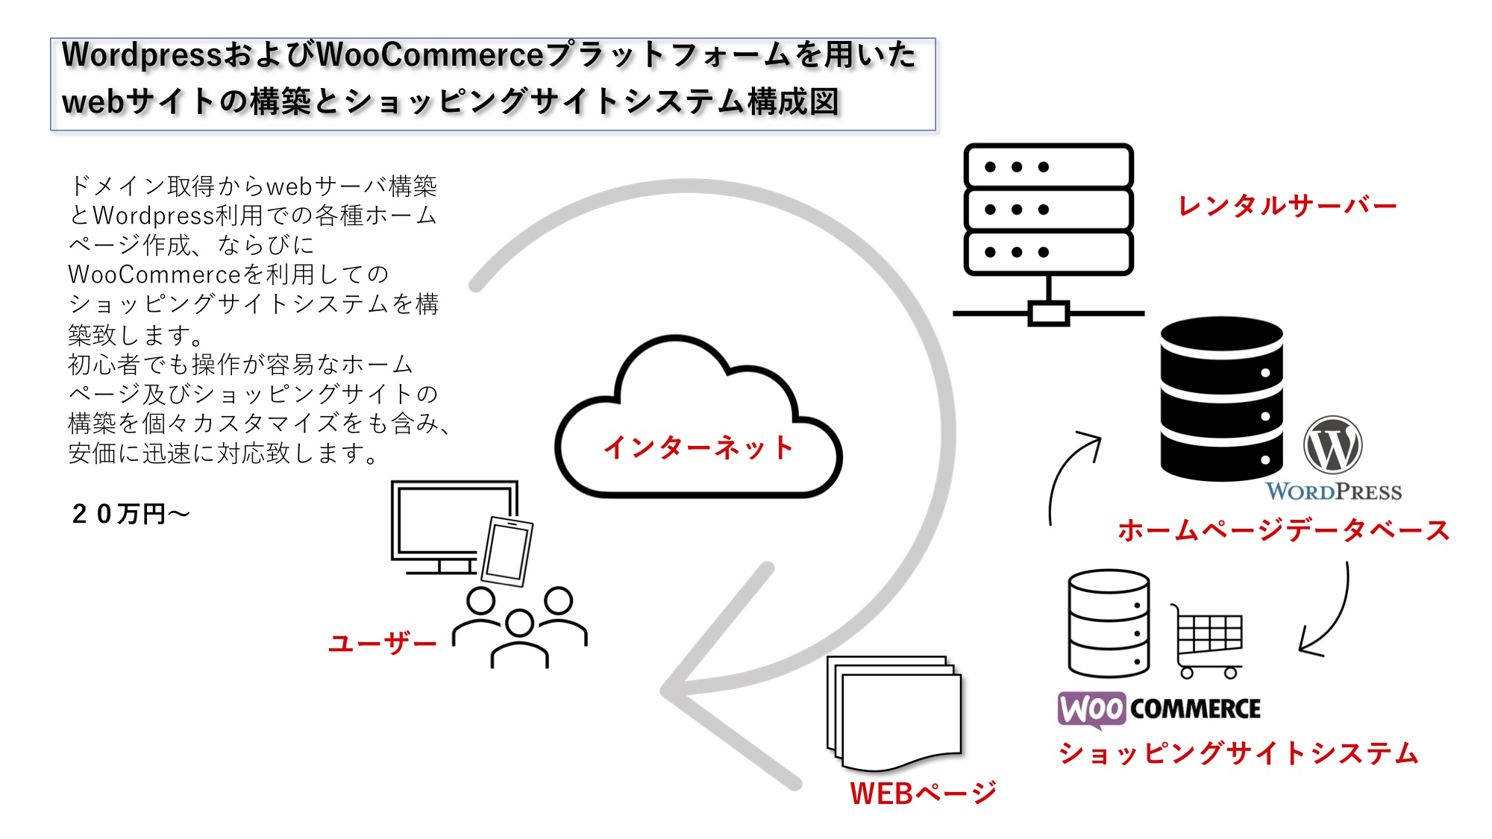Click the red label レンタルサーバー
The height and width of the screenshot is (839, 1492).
coord(1287,206)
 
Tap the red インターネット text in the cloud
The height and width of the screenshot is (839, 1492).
coord(698,447)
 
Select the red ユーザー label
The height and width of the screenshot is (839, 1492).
coord(383,643)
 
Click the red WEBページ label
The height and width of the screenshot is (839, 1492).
coord(923,793)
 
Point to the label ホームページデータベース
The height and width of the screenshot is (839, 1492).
coord(1283,530)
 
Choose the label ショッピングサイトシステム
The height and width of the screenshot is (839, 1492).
coord(1238,753)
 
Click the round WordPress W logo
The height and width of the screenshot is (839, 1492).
coord(1332,445)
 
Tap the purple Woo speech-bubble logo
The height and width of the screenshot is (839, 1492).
coord(1091,708)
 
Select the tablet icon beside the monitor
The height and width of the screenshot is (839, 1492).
coord(507,551)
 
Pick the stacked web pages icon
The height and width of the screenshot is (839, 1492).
coord(894,712)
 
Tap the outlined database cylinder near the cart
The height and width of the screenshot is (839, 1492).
coord(1109,623)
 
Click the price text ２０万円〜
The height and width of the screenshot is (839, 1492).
coord(131,514)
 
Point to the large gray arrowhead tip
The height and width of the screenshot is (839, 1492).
coord(666,691)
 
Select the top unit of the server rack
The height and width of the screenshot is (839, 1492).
coord(1048,166)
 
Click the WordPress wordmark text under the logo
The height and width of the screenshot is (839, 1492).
coord(1333,491)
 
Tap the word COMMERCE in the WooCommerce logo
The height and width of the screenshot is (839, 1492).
coord(1195,708)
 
